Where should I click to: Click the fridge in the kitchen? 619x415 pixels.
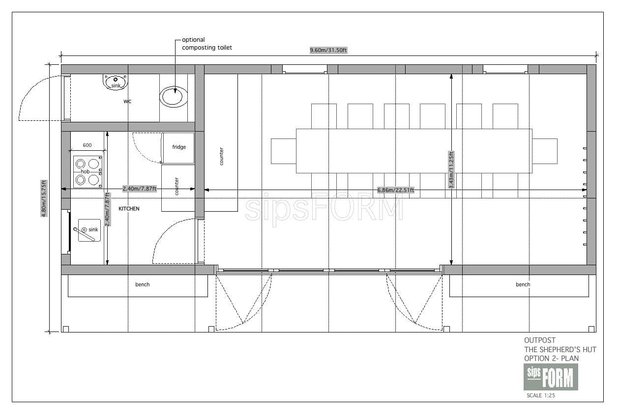178,148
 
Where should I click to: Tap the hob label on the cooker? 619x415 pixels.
85,171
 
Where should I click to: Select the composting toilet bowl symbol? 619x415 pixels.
174,97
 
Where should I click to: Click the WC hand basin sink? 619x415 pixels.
116,82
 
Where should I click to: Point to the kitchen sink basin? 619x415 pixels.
89,230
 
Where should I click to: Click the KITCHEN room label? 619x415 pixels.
129,208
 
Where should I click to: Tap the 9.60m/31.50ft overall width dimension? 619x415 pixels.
328,50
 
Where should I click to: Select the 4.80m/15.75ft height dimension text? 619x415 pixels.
44,198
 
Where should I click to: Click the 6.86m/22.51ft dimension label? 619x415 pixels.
396,190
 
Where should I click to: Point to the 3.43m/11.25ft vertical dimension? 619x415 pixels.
451,170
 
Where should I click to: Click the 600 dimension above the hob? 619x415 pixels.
87,145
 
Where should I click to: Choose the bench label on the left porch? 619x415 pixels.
142,284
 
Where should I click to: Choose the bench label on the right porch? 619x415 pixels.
523,284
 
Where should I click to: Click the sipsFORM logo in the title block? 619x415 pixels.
551,377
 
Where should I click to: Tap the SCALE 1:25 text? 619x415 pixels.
541,395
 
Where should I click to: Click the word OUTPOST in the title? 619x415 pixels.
540,340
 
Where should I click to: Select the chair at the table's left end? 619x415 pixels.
284,151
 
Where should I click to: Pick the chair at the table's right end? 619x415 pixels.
545,151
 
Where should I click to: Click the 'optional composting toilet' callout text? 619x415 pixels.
206,44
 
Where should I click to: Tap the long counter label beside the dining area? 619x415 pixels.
221,156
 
